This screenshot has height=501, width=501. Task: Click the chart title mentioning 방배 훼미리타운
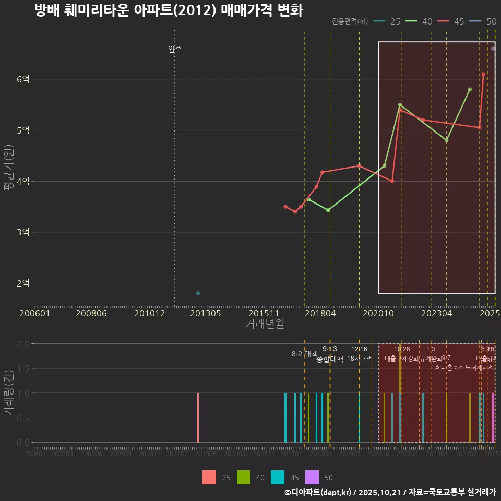coord(168,10)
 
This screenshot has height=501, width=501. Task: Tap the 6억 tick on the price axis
coord(23,79)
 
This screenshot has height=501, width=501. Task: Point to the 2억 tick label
coord(23,283)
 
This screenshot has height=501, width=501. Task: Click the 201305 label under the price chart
coord(205,313)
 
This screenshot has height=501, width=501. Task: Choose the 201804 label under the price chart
coord(319,313)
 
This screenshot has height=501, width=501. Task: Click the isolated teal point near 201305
coord(198,293)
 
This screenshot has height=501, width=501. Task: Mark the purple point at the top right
coord(493,49)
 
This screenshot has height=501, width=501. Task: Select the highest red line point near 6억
coord(483,74)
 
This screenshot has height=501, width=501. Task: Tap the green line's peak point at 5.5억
coord(400,105)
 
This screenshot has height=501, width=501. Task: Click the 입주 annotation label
coord(175,50)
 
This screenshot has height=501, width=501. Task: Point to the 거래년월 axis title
coord(265,324)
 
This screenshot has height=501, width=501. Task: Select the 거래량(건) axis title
coord(9,393)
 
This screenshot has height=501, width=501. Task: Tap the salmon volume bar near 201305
coord(198,417)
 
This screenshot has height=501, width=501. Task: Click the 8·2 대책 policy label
coord(304,354)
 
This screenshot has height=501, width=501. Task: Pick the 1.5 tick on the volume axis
coord(23,368)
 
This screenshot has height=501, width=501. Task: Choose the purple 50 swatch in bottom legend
coord(312,477)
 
